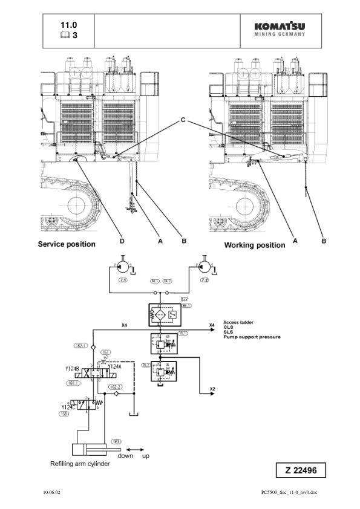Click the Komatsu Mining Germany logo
(x=280, y=29)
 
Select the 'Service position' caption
(x=67, y=244)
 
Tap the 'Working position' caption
(x=254, y=245)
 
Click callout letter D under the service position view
(x=122, y=241)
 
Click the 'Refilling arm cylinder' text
(x=79, y=464)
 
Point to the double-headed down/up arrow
(x=134, y=449)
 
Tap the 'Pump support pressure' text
(x=252, y=337)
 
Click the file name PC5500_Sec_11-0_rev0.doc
(x=289, y=493)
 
